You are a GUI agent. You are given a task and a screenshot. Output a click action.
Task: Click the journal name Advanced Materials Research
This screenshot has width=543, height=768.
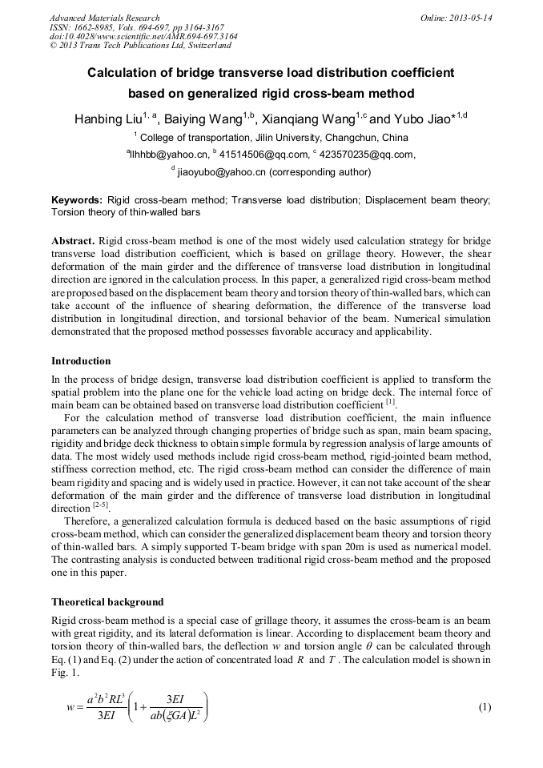(x=104, y=18)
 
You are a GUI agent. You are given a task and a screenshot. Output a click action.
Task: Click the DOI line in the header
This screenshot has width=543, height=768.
(x=143, y=36)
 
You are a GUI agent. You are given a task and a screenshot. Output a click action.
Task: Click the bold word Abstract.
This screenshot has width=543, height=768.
(x=74, y=241)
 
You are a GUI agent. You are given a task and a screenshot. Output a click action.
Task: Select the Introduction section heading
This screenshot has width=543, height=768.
(x=81, y=361)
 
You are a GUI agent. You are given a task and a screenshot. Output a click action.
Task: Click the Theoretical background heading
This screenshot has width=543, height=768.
(x=107, y=601)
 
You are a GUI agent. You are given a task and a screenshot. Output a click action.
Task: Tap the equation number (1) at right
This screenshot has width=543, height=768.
(x=484, y=707)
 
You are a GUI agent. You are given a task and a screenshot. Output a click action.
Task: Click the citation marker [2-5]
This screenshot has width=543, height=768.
(x=99, y=507)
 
